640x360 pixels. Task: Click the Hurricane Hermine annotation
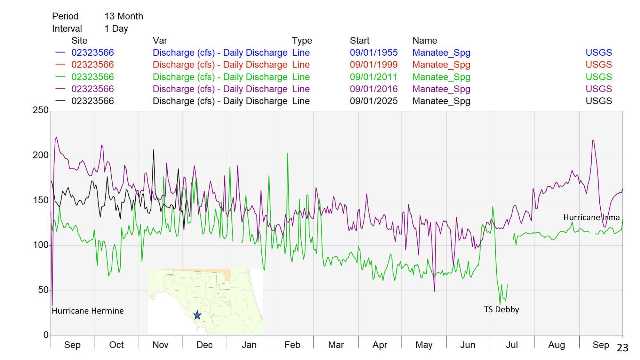point(88,311)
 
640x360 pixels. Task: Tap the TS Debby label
point(501,309)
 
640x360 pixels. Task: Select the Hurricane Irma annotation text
point(591,217)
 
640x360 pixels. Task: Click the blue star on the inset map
point(197,315)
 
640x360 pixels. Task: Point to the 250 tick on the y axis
point(40,110)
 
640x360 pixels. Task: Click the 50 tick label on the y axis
point(43,290)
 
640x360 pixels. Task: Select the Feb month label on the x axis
point(292,345)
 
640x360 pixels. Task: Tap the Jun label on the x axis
point(468,345)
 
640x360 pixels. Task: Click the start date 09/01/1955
point(373,52)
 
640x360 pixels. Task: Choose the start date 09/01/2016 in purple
point(373,89)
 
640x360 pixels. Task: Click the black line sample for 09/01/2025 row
point(60,101)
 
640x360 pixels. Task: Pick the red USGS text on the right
point(598,65)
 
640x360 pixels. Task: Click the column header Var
point(160,41)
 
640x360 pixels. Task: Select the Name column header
point(424,41)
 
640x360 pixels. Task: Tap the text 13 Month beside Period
point(124,16)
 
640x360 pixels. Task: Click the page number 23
point(622,348)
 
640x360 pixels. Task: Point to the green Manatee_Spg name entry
point(441,77)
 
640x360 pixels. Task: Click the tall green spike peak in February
point(288,154)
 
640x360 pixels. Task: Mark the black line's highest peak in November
point(154,150)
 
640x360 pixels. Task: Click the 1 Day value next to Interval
point(116,28)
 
